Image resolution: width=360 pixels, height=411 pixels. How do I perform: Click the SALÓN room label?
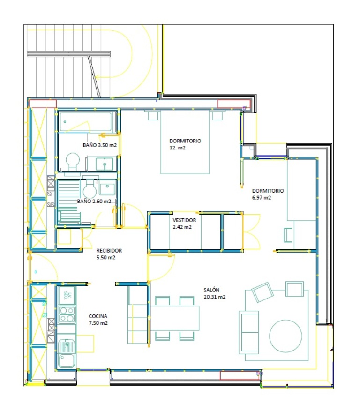point(211,290)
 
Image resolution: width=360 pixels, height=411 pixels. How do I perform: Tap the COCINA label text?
point(98,316)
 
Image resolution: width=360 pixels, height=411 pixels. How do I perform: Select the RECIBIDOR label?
point(109,251)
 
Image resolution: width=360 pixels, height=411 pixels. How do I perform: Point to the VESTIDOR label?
point(184,220)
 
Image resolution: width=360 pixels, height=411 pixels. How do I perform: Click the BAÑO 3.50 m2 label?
point(100,145)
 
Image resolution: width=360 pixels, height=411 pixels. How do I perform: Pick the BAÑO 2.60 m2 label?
point(94,202)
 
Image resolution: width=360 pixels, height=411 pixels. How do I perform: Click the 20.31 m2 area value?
point(215,297)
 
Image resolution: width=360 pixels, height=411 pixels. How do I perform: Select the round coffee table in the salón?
point(285,336)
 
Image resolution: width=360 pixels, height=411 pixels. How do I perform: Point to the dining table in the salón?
point(175,318)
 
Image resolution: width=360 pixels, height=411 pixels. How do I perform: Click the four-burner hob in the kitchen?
point(67,314)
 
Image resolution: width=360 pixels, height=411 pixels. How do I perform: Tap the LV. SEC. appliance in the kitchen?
point(67,295)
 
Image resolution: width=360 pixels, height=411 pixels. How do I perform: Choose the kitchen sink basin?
point(67,360)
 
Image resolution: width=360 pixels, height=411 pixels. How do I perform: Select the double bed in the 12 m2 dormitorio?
point(185,142)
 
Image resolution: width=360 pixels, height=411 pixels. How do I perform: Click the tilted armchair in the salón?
point(262,292)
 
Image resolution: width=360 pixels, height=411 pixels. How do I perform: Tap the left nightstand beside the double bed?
point(153,115)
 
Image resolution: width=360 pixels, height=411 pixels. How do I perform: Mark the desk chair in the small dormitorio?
point(288,235)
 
